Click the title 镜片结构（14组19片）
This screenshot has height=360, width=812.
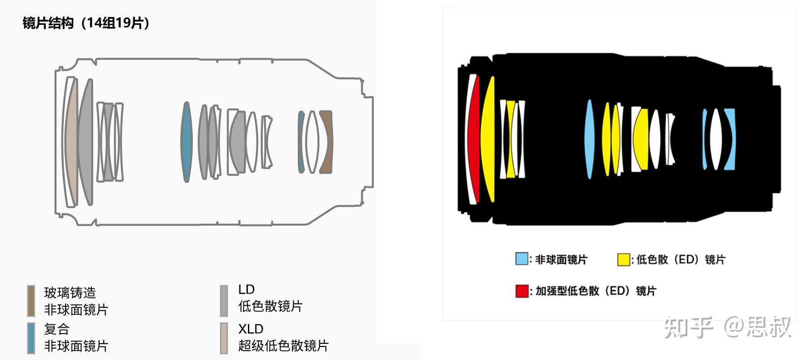point(86,23)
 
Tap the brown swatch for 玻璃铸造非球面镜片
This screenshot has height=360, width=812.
point(31,301)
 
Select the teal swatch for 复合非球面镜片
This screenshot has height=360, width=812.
point(31,338)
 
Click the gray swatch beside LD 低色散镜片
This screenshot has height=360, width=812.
point(224,301)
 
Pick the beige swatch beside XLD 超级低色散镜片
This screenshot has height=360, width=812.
point(224,338)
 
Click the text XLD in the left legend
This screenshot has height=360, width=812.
point(251,329)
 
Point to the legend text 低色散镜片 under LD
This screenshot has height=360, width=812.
point(270,306)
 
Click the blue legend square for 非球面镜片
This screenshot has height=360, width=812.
point(521,259)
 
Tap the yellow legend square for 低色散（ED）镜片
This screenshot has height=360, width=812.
point(623,260)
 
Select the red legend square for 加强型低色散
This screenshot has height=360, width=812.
point(521,291)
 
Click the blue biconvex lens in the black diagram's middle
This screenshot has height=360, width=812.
point(589,139)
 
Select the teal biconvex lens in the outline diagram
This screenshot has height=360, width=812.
point(186,142)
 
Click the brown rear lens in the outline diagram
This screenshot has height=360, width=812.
point(326,142)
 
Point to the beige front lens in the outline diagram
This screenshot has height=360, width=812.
point(71,142)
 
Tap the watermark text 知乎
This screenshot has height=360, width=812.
point(688,327)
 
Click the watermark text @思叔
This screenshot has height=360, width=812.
point(758,327)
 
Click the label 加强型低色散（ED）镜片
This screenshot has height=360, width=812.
point(595,291)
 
